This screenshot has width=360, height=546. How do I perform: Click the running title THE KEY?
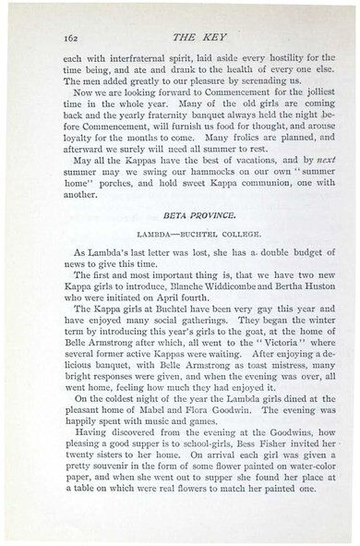[188, 37]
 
